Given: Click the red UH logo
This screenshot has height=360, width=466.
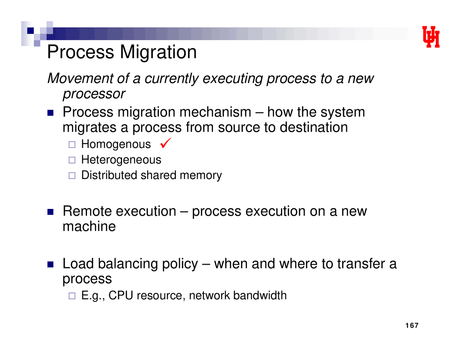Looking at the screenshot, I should tap(431, 37).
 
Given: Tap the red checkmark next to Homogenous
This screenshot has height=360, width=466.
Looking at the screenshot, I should tap(165, 143).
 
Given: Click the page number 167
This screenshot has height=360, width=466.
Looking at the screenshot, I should tap(412, 325).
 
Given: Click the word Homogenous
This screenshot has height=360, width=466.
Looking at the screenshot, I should tap(116, 145).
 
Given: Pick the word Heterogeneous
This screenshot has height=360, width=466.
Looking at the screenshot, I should tap(121, 160).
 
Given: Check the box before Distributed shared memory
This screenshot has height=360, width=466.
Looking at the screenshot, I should tap(72, 175).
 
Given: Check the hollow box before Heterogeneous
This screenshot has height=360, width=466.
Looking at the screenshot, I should tap(72, 160).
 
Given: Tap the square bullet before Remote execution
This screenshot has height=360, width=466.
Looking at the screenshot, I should tap(50, 211).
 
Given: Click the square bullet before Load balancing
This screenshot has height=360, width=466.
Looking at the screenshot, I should tap(50, 264).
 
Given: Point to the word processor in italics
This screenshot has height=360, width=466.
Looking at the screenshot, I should tap(94, 94).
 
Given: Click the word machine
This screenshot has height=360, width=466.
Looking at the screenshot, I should tap(89, 226).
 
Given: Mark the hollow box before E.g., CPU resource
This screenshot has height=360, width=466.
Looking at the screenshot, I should tap(72, 296).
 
